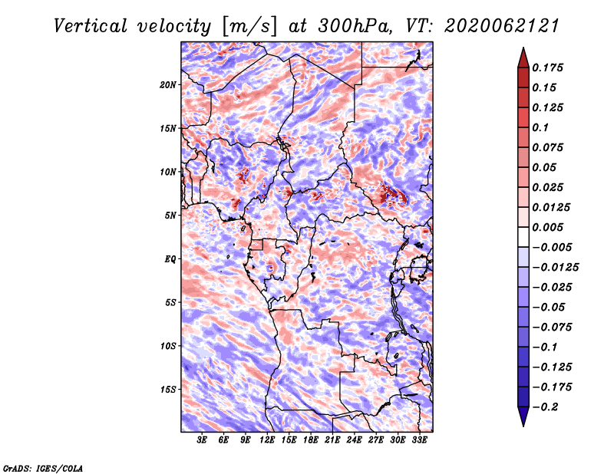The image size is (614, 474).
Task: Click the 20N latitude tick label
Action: coord(168,85)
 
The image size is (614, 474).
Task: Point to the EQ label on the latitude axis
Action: coord(170,259)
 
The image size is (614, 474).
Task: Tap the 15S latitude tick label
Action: coord(168,390)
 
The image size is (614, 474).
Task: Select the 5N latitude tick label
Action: coord(170,216)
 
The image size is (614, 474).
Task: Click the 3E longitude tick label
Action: coord(202,440)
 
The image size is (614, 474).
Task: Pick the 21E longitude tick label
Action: coord(332,440)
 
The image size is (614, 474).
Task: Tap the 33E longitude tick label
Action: coord(419,440)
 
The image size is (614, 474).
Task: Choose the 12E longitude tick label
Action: coord(267,440)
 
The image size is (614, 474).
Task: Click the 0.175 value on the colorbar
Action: coord(547,67)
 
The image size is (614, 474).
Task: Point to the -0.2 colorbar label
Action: coord(545,407)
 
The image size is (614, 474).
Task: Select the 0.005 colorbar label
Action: coord(547,227)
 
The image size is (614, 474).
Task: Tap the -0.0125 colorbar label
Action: coord(555,268)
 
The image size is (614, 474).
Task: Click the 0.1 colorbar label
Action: coord(540,127)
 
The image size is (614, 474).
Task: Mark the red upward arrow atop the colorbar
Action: coord(523,58)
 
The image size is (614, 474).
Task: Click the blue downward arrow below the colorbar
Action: coord(523,416)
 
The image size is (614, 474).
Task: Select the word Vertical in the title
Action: coord(91,26)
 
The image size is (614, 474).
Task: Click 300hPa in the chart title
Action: coord(355,26)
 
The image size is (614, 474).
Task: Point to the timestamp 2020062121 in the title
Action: coord(501,26)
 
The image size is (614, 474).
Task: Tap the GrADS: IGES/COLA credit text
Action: coord(43,468)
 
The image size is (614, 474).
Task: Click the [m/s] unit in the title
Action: coord(249,27)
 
